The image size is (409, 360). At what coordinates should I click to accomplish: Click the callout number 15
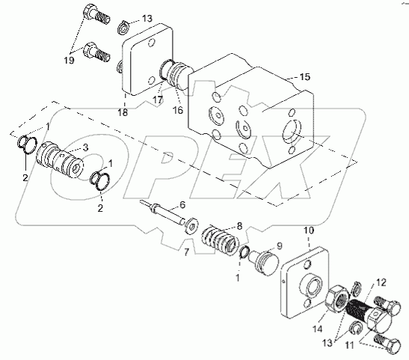point(304,77)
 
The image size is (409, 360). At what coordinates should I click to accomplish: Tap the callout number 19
point(70,61)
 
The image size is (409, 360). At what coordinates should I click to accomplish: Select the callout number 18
point(123,112)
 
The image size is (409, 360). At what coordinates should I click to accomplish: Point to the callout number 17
point(158,100)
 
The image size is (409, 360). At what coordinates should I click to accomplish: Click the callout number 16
point(178,110)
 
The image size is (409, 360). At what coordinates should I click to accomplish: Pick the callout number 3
point(85,147)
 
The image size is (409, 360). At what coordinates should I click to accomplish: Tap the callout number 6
point(182,205)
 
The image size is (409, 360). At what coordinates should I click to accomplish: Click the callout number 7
point(186,252)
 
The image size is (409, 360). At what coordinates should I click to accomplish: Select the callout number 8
point(239,226)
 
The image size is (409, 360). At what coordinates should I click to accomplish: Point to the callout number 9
point(280,245)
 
